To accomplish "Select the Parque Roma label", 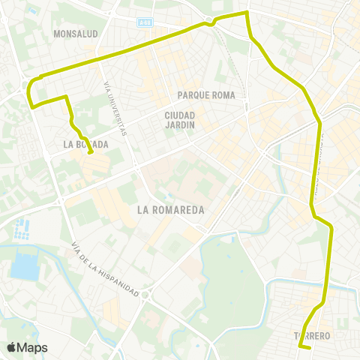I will tap(206, 95).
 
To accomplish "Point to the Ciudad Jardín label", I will tap(180, 120).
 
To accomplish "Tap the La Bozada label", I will tap(86, 144).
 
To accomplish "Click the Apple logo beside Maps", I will tap(12, 347).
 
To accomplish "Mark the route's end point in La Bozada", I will tap(91, 153).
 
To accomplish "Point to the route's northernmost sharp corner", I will tap(247, 13).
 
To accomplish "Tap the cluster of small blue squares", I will tap(22, 226).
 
